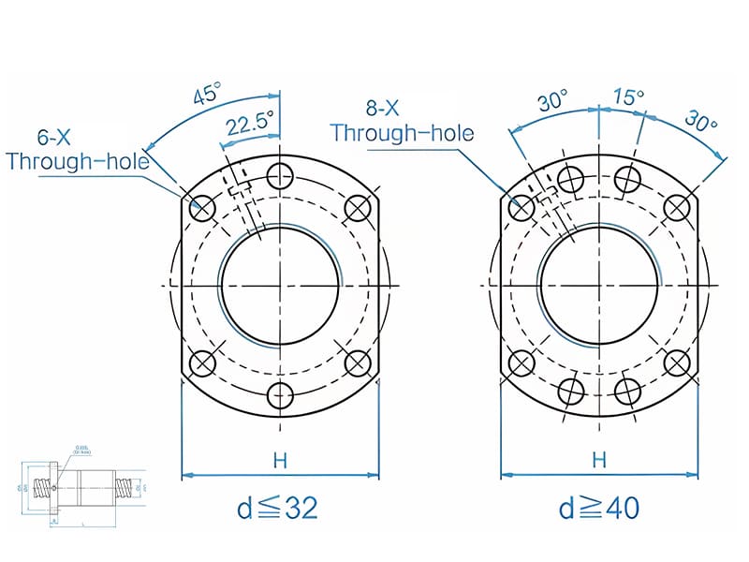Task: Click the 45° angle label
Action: pyautogui.click(x=208, y=94)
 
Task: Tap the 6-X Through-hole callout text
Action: pyautogui.click(x=77, y=149)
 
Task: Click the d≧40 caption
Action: pyautogui.click(x=599, y=508)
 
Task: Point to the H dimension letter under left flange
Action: pyautogui.click(x=280, y=460)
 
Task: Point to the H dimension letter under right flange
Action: pyautogui.click(x=599, y=460)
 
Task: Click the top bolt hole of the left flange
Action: pyautogui.click(x=280, y=176)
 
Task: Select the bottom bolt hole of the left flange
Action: pyautogui.click(x=280, y=396)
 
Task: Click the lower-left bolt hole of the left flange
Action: pyautogui.click(x=202, y=363)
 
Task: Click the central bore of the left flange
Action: pyautogui.click(x=280, y=286)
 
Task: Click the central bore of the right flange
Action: pyautogui.click(x=599, y=286)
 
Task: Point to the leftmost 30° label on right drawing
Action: pyautogui.click(x=553, y=103)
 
